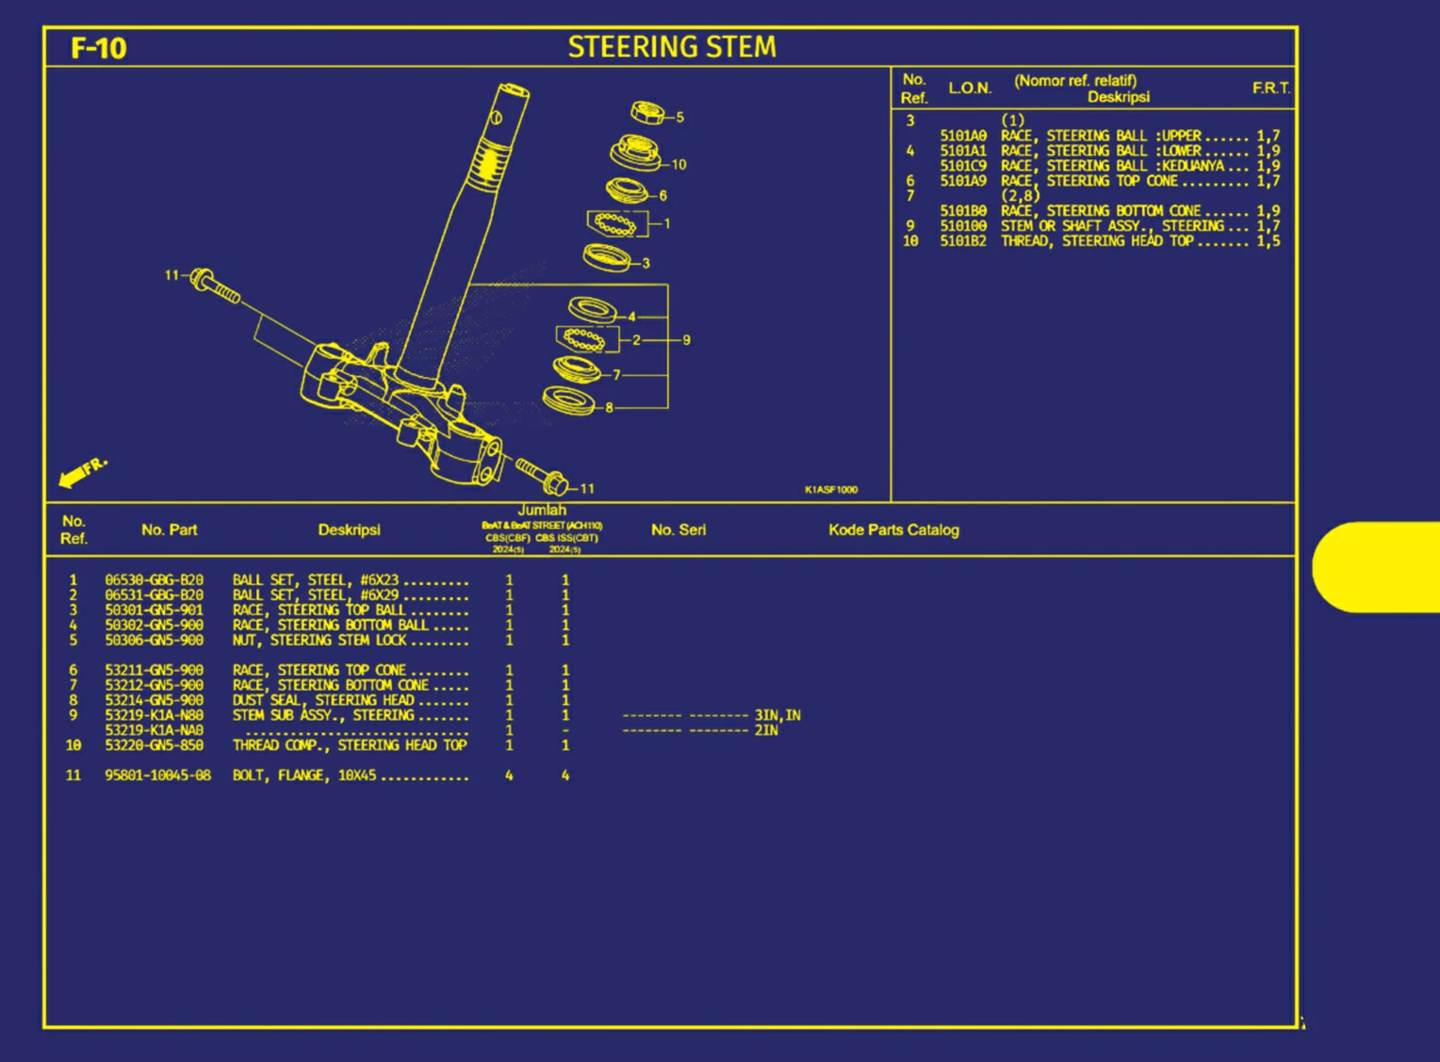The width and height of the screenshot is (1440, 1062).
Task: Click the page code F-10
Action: coord(98,48)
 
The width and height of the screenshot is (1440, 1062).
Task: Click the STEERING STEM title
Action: coord(672,47)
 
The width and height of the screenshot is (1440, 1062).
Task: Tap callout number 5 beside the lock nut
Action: coord(679,118)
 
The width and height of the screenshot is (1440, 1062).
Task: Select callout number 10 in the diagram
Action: coord(679,165)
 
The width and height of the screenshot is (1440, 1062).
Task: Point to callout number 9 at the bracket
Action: coord(686,340)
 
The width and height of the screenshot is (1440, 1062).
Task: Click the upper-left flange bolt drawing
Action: coord(215,286)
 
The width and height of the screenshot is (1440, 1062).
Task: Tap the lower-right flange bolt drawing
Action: coord(542,476)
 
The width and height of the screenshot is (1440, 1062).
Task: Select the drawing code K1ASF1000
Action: coord(830,490)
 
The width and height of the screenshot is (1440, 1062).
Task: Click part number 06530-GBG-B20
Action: coord(154,580)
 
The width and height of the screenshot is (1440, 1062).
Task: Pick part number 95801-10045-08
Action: coord(157,776)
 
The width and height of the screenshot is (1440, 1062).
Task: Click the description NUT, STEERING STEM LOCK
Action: coord(319,641)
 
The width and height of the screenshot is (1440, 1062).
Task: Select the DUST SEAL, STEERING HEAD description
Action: coord(323,700)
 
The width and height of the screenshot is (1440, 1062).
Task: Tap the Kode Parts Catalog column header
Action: coord(893,530)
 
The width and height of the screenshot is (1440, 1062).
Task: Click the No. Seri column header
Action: coord(678,530)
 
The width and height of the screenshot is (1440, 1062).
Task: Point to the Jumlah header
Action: coord(542,510)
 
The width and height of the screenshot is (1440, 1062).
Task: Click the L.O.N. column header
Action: coord(970,89)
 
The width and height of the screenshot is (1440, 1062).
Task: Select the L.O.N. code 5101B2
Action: coord(962,241)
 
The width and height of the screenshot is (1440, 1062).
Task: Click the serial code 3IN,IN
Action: coord(777,716)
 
